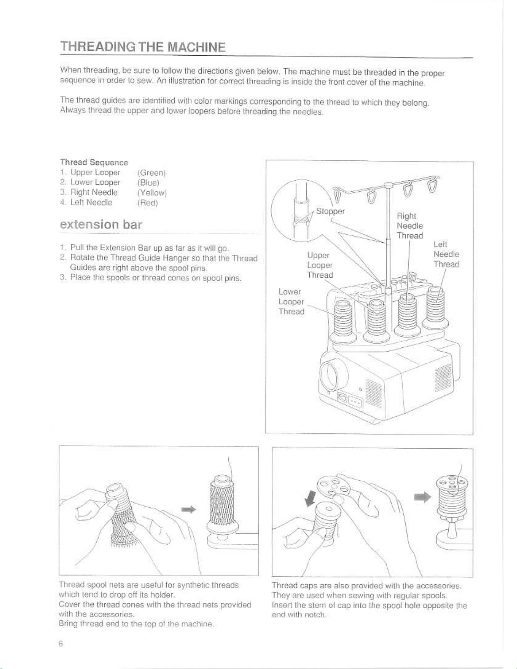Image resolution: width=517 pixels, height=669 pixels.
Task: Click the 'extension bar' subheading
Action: [101, 224]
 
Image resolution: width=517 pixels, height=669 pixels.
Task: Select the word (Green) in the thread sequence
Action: [152, 173]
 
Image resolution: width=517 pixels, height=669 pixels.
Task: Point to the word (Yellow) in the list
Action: [152, 193]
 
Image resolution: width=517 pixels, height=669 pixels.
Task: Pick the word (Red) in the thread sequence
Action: [147, 203]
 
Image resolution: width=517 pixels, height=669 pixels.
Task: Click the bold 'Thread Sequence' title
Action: [94, 163]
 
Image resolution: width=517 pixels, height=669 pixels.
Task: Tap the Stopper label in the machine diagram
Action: [330, 211]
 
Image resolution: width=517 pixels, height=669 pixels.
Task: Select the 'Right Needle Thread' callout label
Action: [409, 226]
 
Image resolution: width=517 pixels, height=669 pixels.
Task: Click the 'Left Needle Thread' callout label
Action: [446, 254]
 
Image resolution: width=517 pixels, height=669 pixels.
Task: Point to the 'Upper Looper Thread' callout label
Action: [319, 265]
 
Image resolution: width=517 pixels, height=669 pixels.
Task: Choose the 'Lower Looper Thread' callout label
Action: [291, 302]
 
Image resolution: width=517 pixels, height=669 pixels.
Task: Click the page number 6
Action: [61, 644]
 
